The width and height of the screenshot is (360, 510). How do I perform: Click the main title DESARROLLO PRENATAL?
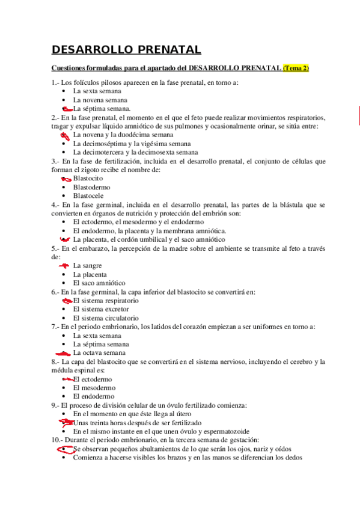(x=126, y=49)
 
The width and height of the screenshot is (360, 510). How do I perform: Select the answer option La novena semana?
(x=100, y=100)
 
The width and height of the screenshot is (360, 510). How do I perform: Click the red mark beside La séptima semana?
(x=67, y=108)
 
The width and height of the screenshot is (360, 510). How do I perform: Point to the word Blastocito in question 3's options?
(x=88, y=179)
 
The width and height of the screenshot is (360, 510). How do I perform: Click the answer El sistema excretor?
(x=101, y=309)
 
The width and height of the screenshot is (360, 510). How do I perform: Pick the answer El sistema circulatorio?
(x=106, y=318)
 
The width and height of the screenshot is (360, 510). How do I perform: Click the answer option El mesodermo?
(x=95, y=388)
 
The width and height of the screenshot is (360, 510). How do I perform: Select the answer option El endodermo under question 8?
(x=93, y=397)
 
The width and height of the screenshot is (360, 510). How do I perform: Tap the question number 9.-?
(x=56, y=405)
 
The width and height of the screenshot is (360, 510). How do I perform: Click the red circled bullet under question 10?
(x=64, y=449)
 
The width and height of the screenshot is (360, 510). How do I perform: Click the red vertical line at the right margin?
(x=358, y=114)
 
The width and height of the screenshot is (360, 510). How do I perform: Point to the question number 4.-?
(x=56, y=204)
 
